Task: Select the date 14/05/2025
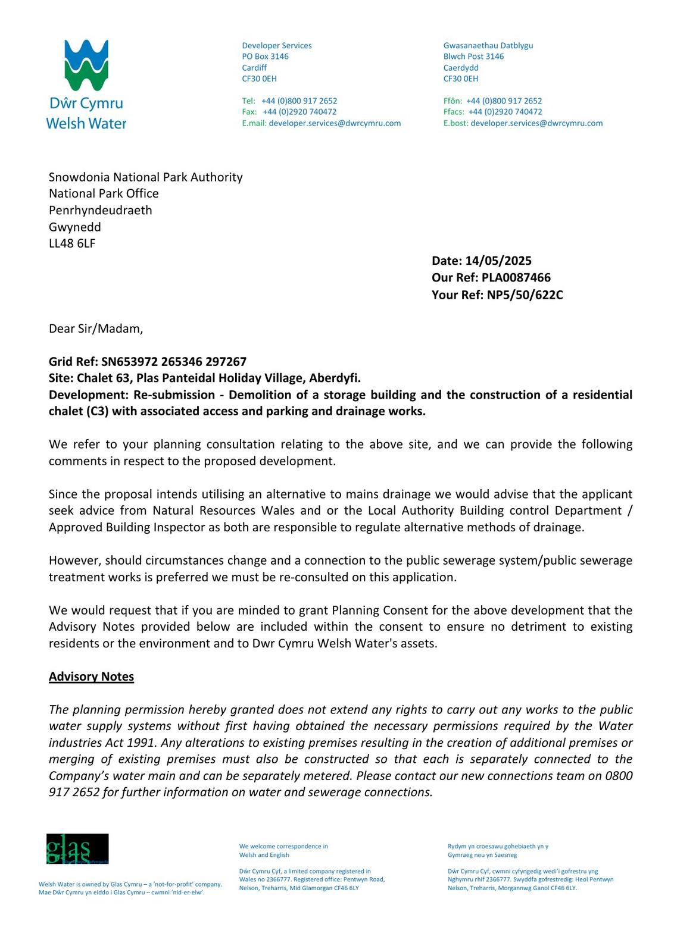point(498,261)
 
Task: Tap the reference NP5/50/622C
point(525,295)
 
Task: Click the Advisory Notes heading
point(91,677)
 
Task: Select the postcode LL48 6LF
point(72,243)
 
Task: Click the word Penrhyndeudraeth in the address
point(101,210)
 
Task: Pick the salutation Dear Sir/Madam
point(96,328)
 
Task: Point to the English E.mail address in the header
point(335,123)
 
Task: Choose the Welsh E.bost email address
point(536,123)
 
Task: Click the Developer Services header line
point(277,46)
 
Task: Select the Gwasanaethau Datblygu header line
point(488,46)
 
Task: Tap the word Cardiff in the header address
point(254,68)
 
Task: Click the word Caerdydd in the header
point(461,68)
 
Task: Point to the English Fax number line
point(289,112)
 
